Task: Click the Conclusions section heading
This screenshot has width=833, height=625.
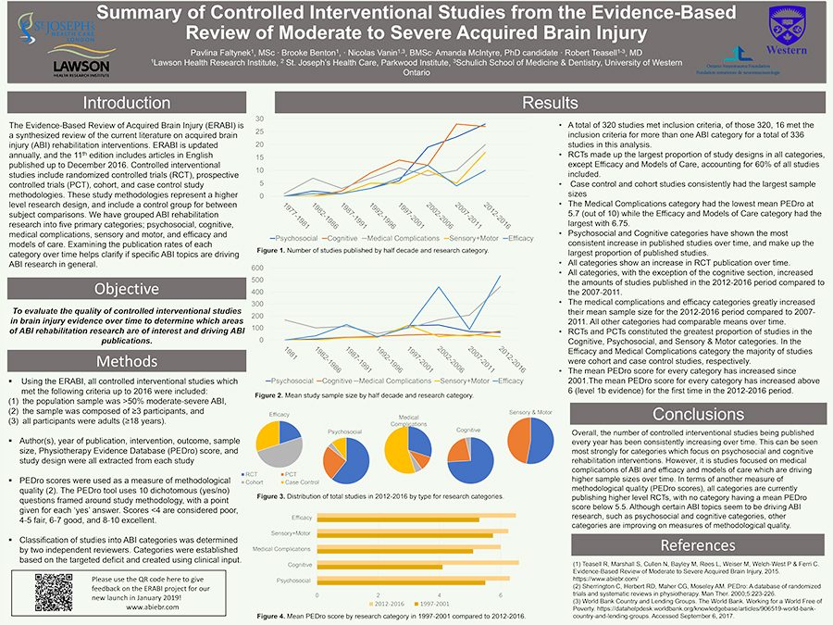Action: click(685, 415)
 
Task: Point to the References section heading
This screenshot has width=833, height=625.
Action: click(685, 544)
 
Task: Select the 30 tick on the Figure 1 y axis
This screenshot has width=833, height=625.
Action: click(261, 119)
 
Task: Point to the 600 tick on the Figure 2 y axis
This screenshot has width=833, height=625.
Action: click(258, 268)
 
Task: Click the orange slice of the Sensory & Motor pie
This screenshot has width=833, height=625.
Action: click(517, 441)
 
